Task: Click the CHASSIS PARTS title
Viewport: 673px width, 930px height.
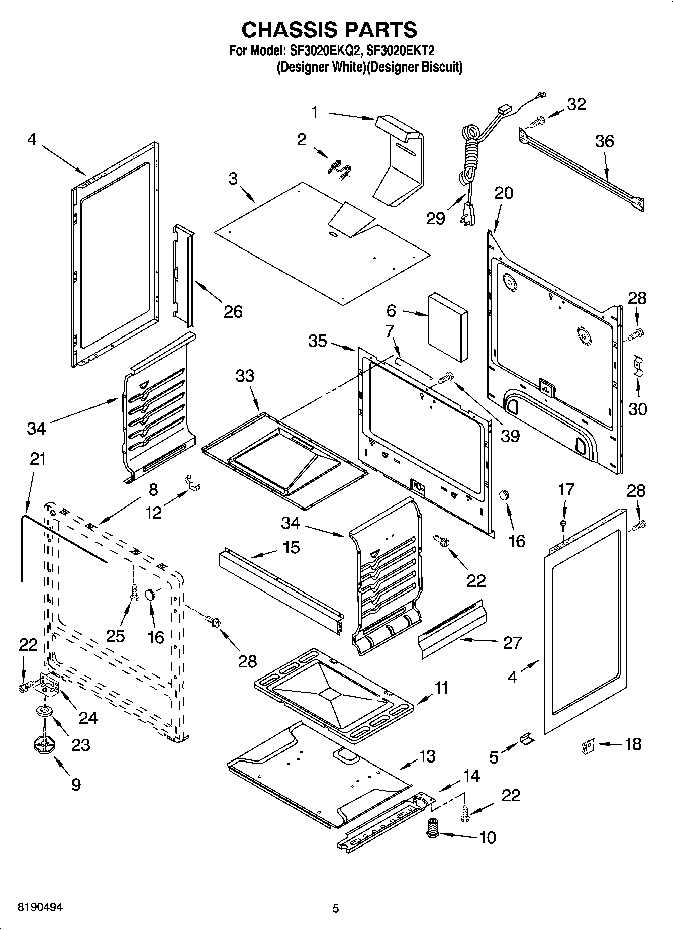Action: [329, 30]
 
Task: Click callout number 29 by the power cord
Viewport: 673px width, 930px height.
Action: [435, 218]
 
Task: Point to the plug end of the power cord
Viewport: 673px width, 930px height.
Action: [466, 211]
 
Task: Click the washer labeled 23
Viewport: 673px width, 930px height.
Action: [44, 711]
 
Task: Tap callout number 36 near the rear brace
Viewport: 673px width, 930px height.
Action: [604, 141]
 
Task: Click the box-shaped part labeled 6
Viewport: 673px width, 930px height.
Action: [447, 327]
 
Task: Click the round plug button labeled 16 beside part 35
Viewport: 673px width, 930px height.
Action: [504, 495]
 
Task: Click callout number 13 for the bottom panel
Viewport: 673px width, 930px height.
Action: [427, 756]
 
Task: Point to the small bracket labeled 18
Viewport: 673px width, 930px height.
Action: [587, 745]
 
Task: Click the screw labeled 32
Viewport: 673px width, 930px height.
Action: [537, 121]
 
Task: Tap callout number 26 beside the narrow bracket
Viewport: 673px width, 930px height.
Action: [233, 312]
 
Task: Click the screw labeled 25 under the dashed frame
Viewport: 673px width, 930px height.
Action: [134, 593]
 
